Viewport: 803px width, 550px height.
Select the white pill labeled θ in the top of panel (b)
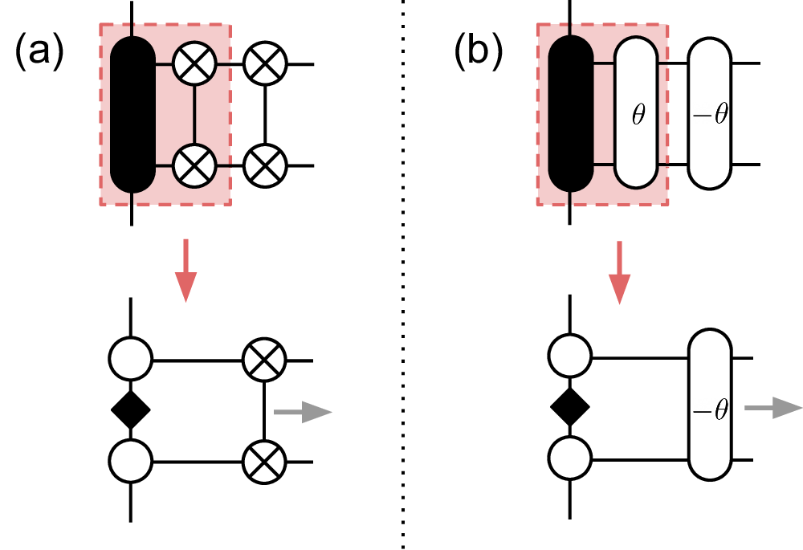pyautogui.click(x=638, y=114)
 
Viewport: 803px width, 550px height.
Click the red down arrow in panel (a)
pyautogui.click(x=185, y=269)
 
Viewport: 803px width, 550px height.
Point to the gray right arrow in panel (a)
pyautogui.click(x=303, y=413)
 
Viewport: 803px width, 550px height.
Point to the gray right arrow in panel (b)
pyautogui.click(x=772, y=409)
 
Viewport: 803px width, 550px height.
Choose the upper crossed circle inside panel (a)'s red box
pyautogui.click(x=195, y=63)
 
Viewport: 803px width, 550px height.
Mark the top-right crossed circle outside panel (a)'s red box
pyautogui.click(x=265, y=63)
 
